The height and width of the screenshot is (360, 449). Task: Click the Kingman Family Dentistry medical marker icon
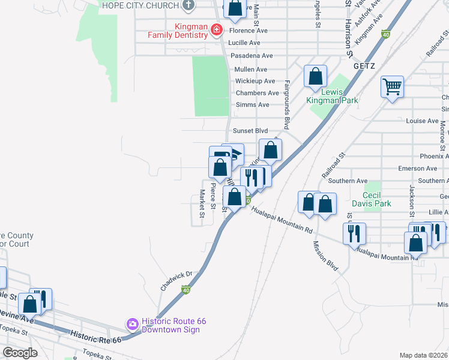[217, 30]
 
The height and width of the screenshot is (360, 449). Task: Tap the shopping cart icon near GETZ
[392, 87]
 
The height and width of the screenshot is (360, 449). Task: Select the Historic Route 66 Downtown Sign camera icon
[133, 324]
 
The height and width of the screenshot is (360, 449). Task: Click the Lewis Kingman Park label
[340, 96]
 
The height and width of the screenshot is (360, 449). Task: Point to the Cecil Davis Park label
[376, 199]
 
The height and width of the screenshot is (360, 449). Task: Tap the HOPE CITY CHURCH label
[140, 5]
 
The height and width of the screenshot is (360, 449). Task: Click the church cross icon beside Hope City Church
[189, 5]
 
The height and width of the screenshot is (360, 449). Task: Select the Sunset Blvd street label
[250, 131]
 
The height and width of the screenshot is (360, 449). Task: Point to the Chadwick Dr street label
[175, 280]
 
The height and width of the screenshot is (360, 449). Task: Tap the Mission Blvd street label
[325, 255]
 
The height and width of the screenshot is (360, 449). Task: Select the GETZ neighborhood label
[364, 65]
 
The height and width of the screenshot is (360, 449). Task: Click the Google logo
[20, 352]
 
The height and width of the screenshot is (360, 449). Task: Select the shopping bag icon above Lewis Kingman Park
[315, 76]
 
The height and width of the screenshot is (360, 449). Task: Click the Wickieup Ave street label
[255, 81]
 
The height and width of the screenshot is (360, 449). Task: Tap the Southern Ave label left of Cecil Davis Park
[348, 181]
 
